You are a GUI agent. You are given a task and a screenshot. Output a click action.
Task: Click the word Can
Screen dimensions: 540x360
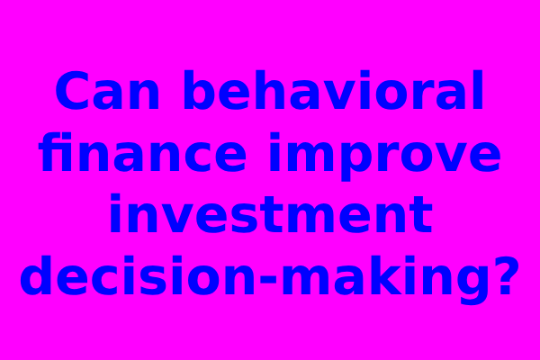tap(107, 90)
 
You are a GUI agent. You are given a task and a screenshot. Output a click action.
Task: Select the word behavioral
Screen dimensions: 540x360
tap(333, 90)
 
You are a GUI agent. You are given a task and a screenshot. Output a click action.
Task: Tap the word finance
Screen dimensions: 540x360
tap(142, 152)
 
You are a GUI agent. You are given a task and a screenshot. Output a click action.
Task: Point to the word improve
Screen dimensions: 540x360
tap(385, 157)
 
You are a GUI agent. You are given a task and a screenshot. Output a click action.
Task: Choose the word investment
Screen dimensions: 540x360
tap(271, 213)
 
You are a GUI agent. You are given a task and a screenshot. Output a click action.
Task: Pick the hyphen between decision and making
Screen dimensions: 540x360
tap(268, 278)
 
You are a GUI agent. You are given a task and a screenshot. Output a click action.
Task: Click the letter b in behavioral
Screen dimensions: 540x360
tap(200, 90)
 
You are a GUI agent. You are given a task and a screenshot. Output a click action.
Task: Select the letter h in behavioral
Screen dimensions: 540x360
tap(270, 90)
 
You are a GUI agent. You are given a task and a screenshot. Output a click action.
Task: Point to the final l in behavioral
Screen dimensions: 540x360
tap(478, 90)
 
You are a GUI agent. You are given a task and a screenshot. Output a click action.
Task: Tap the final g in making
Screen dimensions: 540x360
tap(472, 281)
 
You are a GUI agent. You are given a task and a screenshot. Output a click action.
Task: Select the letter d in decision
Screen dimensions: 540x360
tap(35, 275)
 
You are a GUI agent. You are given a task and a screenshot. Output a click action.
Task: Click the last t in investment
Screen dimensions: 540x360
tap(420, 214)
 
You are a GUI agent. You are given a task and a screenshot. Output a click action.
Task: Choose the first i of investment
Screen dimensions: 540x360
tap(115, 213)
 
